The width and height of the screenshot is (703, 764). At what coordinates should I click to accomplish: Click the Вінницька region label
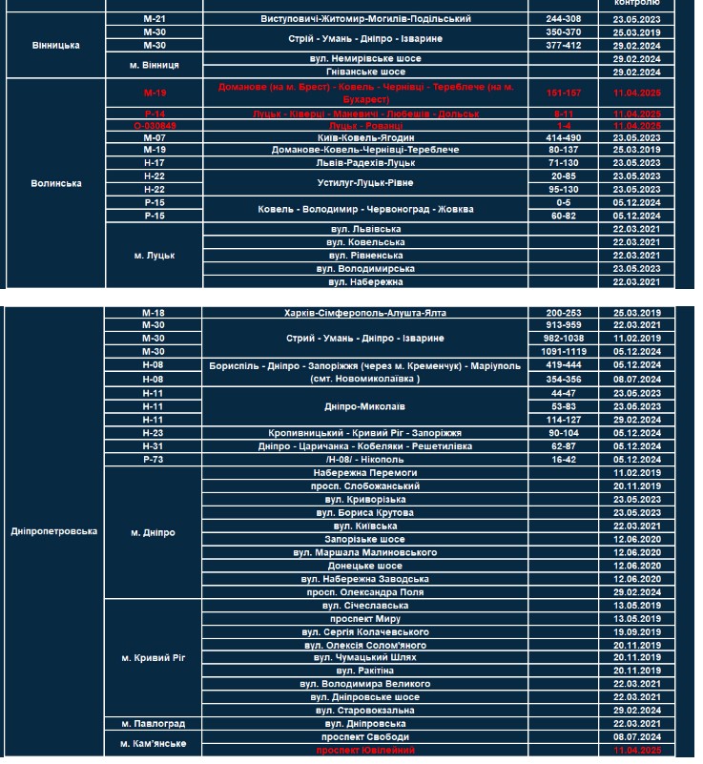(55, 45)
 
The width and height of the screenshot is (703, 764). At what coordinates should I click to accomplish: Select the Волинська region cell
(55, 183)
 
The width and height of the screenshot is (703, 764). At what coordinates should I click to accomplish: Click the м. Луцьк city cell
(154, 256)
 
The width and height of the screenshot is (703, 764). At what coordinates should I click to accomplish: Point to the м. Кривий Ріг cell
(154, 658)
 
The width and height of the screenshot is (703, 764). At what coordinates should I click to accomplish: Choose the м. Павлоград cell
(154, 724)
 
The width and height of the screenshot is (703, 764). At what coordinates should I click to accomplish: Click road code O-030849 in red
(154, 125)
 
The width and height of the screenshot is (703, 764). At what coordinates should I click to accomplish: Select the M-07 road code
(154, 137)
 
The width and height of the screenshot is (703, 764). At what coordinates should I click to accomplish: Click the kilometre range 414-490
(563, 137)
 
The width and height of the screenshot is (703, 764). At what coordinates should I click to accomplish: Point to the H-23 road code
(154, 432)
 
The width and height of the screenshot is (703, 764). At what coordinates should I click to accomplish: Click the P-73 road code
(154, 459)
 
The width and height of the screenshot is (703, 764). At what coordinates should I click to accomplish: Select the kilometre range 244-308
(563, 18)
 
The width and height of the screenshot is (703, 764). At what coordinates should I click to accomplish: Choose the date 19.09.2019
(638, 631)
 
